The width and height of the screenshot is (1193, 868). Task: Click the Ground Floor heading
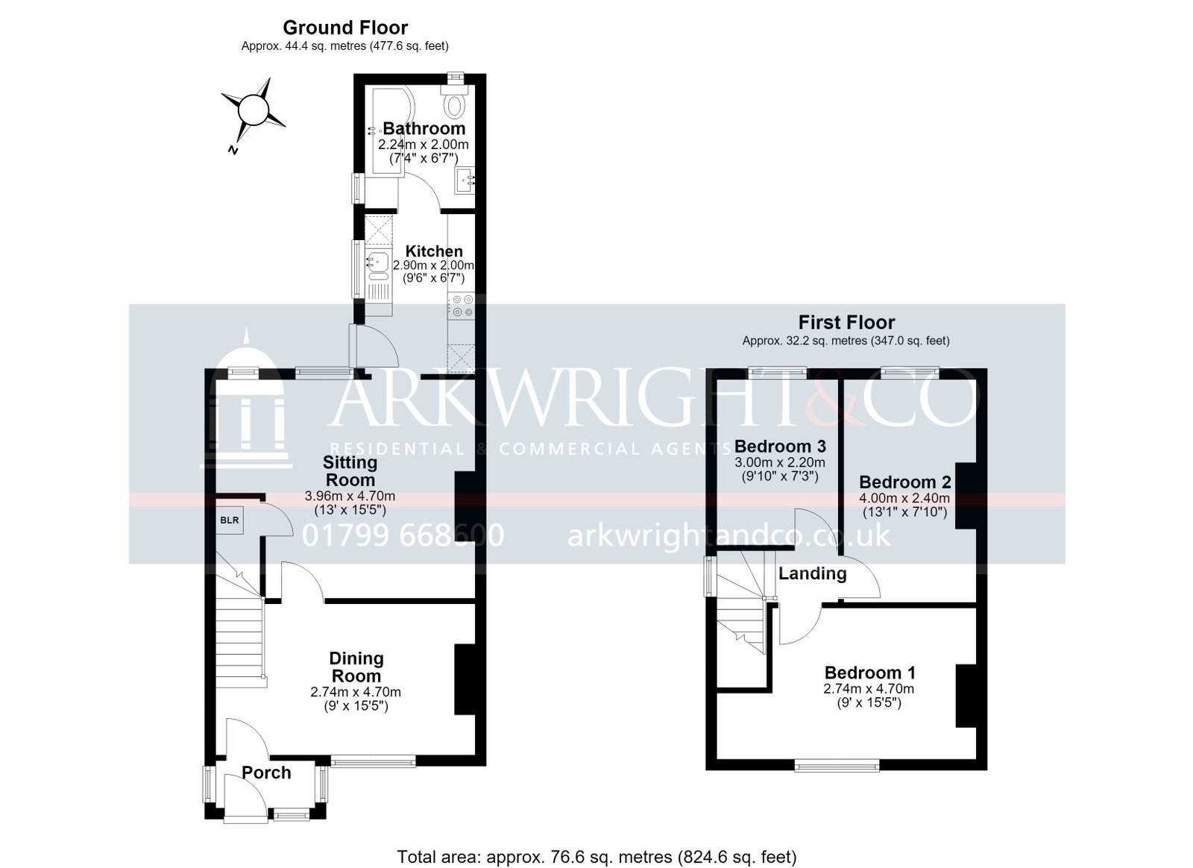tap(345, 28)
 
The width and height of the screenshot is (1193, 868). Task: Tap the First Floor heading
tap(846, 322)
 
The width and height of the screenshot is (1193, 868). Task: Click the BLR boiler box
tap(230, 520)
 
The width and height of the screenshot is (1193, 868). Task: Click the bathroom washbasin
tap(465, 181)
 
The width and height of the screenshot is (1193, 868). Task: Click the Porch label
tap(266, 773)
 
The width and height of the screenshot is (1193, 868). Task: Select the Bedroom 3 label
tap(780, 446)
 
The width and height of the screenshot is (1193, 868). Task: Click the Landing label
tap(812, 573)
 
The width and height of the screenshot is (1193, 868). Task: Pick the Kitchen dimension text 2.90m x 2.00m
tap(433, 265)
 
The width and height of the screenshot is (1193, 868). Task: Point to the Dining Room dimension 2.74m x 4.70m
tap(356, 692)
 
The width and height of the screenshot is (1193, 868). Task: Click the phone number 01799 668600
tap(403, 535)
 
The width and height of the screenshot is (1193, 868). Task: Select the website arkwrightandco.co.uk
tap(728, 535)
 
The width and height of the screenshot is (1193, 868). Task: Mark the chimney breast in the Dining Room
tap(465, 679)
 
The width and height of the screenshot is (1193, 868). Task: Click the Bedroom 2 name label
tap(905, 482)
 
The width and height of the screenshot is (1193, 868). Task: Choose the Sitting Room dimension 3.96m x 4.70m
tap(350, 497)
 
